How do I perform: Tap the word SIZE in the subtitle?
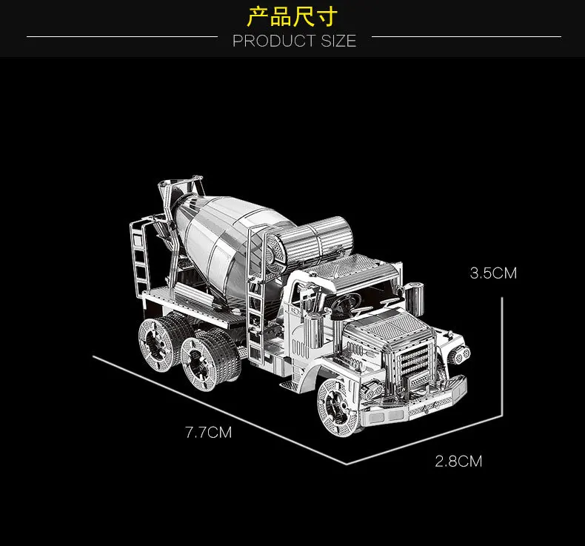pos(338,41)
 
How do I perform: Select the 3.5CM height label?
pos(493,273)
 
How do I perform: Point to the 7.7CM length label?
pos(208,432)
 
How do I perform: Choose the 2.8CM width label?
pos(458,462)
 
